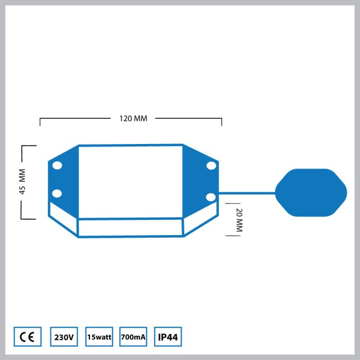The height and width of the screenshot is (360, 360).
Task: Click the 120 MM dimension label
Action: pos(133,118)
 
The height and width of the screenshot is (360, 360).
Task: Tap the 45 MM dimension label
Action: pos(22,182)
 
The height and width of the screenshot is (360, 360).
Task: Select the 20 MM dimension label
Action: pos(239,220)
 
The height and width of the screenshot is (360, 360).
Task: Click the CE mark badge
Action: pos(28,336)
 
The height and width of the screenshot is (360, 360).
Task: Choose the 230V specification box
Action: pos(64,336)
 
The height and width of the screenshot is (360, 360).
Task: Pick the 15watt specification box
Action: pos(99,336)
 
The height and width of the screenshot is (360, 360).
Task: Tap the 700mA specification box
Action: pos(133,336)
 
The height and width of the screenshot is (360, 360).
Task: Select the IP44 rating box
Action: pos(168,336)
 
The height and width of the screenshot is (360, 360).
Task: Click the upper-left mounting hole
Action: pos(57,165)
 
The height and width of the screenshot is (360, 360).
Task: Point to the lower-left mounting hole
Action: pos(57,193)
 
